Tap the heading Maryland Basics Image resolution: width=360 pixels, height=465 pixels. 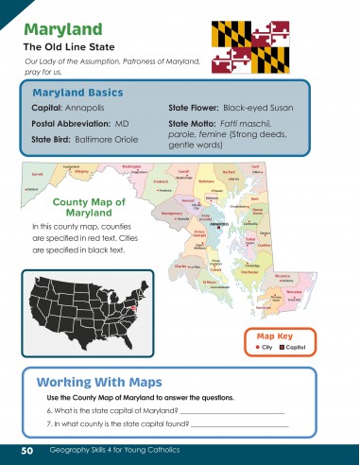(x=76, y=94)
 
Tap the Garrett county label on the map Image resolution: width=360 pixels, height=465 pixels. (x=38, y=175)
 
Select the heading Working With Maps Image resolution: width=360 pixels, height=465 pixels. (x=99, y=383)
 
